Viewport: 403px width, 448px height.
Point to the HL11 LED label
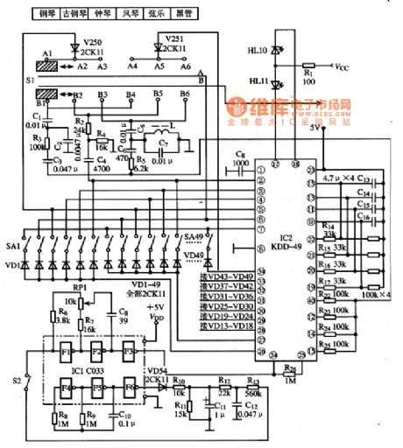pos(258,83)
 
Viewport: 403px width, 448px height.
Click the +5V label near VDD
pos(154,308)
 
